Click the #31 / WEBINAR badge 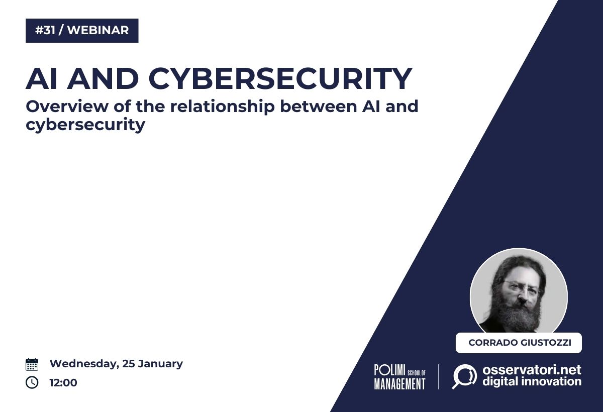82,31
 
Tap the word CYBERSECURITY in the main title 280,78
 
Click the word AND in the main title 103,78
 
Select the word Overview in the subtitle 67,107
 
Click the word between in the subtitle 319,107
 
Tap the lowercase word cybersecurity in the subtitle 85,125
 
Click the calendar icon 32,364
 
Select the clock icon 32,382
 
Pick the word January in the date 160,364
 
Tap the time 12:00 63,383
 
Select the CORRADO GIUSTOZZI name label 519,343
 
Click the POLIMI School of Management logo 400,377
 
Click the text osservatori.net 532,370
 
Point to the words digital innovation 532,381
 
